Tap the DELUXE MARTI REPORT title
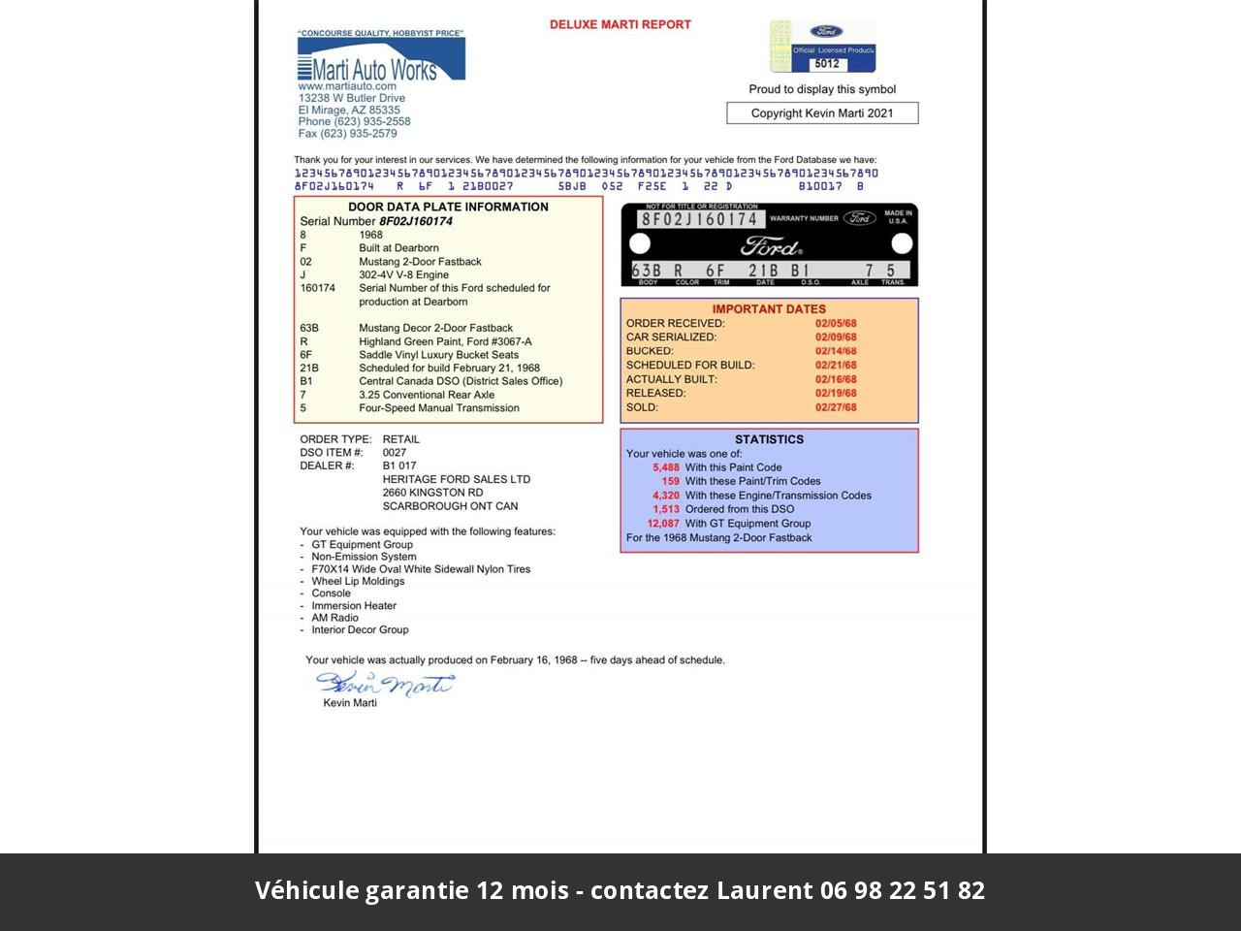point(620,24)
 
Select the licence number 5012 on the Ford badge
point(826,64)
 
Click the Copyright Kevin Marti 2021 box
point(822,113)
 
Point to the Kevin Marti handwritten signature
point(385,685)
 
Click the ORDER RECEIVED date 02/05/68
point(836,324)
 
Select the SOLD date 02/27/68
point(836,407)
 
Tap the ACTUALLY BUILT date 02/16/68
point(836,379)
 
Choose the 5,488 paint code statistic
point(666,467)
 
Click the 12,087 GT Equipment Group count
point(663,524)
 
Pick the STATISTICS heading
point(769,439)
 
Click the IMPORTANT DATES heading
point(769,309)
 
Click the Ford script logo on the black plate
point(772,245)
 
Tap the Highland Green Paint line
point(445,341)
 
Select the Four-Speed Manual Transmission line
point(438,408)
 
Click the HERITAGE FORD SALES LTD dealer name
point(457,479)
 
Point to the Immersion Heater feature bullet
point(354,606)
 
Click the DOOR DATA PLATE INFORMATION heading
point(448,207)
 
